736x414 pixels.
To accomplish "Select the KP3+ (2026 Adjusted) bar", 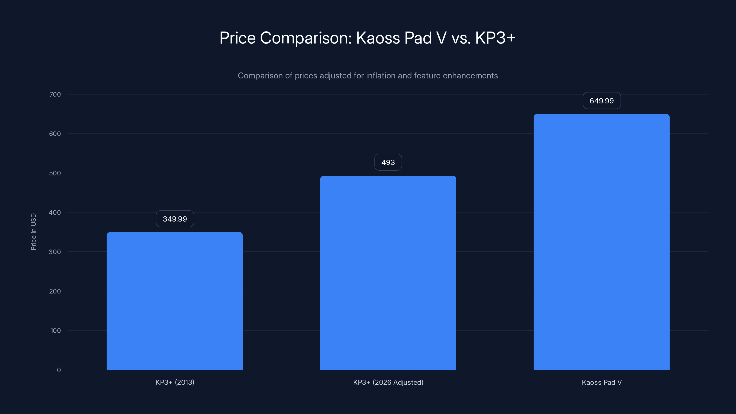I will (x=388, y=273).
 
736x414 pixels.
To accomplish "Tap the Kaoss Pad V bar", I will (x=601, y=242).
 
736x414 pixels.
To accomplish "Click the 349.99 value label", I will (x=175, y=219).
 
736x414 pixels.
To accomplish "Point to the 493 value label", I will (x=388, y=162).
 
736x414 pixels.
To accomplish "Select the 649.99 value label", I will (x=601, y=101).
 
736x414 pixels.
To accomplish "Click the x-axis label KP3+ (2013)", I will (x=175, y=382).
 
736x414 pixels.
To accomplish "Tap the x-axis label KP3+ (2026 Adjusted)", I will (x=388, y=382).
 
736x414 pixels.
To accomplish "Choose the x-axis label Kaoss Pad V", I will (x=601, y=382).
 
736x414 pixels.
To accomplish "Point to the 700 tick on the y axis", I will (x=55, y=94).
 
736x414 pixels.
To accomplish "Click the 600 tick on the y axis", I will (x=55, y=134).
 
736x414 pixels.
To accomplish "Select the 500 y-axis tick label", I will (x=55, y=173).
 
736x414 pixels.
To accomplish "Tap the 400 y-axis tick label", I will (x=55, y=213).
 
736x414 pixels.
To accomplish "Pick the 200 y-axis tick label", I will (x=55, y=291).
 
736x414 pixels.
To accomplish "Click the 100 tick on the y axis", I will (x=55, y=331).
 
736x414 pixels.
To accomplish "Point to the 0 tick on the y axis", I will (x=59, y=370).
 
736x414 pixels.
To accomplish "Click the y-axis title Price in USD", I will (x=33, y=232).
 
